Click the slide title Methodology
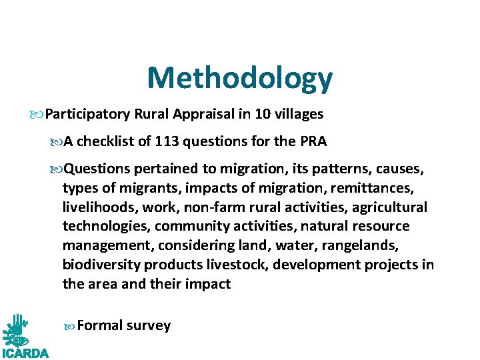[239, 78]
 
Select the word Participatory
[87, 114]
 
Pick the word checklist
[117, 141]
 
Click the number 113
[167, 141]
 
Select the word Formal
[100, 325]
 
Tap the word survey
[149, 325]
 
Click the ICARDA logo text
[25, 352]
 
